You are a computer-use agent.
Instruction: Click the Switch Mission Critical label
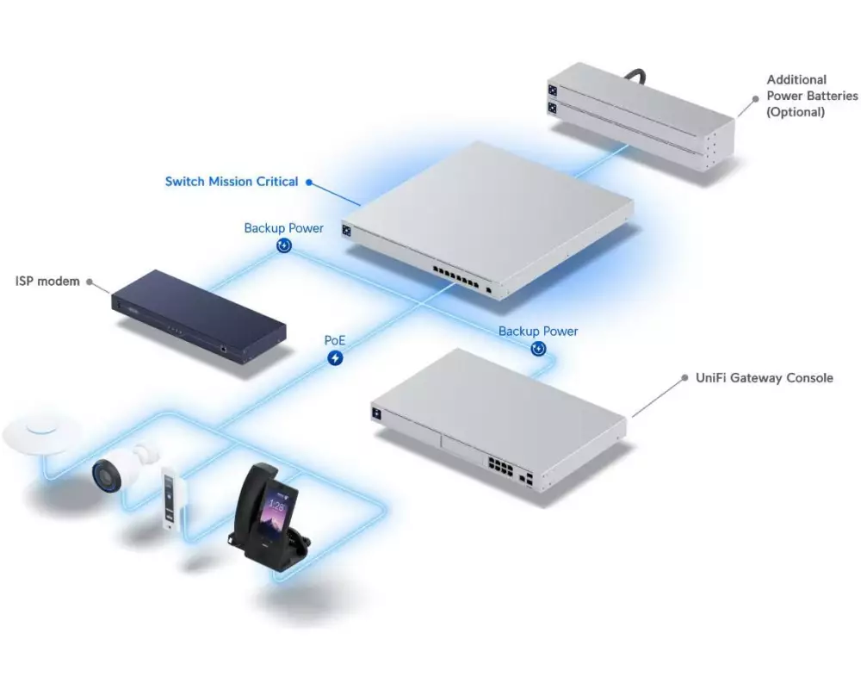pyautogui.click(x=231, y=182)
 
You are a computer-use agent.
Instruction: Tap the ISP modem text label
pyautogui.click(x=47, y=282)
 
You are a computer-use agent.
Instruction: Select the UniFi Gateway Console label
pyautogui.click(x=765, y=378)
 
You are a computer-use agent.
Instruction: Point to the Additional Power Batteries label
pyautogui.click(x=812, y=96)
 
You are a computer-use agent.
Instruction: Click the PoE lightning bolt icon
pyautogui.click(x=335, y=358)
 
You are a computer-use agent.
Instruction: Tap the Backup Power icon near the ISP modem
pyautogui.click(x=284, y=245)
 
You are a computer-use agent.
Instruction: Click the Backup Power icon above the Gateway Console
pyautogui.click(x=539, y=348)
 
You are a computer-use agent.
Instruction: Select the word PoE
pyautogui.click(x=335, y=341)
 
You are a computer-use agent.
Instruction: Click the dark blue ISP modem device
pyautogui.click(x=198, y=316)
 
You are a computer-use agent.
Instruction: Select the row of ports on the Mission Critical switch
pyautogui.click(x=455, y=276)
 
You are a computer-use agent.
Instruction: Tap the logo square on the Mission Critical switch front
pyautogui.click(x=346, y=230)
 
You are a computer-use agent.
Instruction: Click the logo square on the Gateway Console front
pyautogui.click(x=377, y=413)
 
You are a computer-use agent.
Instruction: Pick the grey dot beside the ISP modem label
pyautogui.click(x=90, y=282)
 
